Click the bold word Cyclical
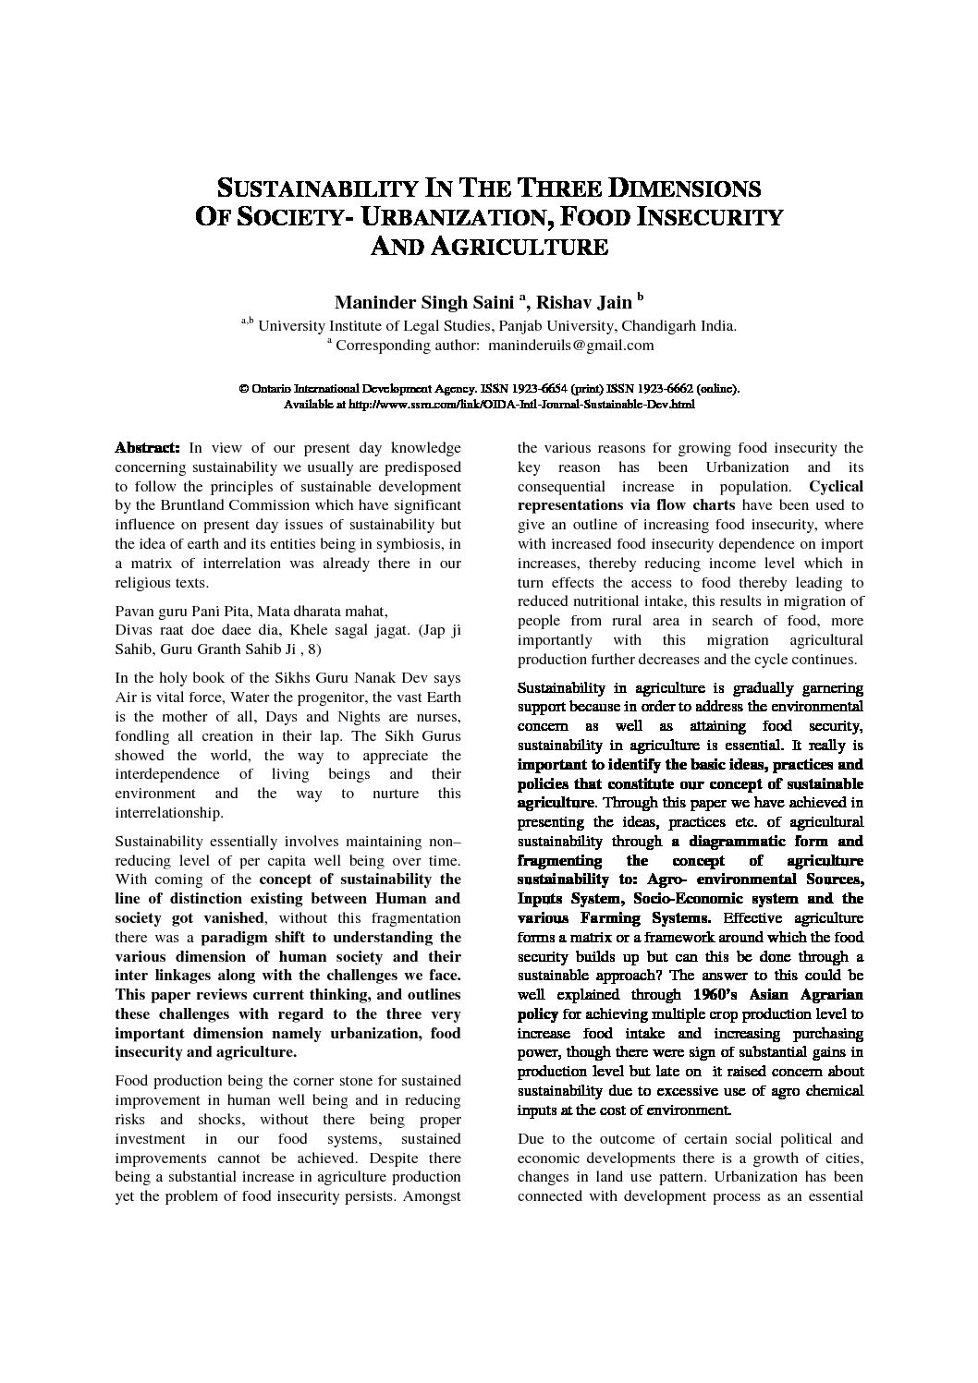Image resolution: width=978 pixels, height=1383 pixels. pyautogui.click(x=836, y=486)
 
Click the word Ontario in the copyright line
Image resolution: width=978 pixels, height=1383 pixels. pyautogui.click(x=272, y=390)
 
